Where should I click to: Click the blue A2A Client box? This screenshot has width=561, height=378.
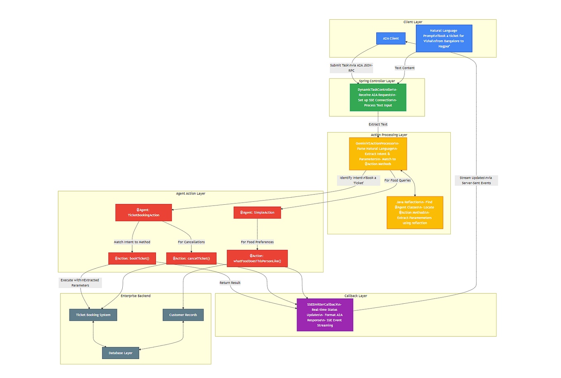[x=390, y=38]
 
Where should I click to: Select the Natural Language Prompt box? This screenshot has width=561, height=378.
[x=444, y=38]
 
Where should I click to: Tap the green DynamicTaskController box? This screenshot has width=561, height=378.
[x=378, y=97]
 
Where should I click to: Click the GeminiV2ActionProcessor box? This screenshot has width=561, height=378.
[x=378, y=154]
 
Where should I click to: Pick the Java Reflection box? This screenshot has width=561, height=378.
[x=415, y=213]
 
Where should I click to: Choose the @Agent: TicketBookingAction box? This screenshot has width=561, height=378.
[x=143, y=213]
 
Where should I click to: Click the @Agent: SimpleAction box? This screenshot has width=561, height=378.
[x=257, y=213]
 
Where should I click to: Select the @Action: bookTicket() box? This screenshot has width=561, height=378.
[x=132, y=258]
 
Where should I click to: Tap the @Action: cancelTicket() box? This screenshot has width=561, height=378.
[x=191, y=258]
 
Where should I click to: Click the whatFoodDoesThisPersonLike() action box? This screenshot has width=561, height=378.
[x=257, y=258]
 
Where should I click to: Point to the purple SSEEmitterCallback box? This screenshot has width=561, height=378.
[x=325, y=315]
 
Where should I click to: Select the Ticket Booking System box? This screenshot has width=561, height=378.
[x=93, y=315]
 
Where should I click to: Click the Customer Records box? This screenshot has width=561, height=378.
[x=183, y=315]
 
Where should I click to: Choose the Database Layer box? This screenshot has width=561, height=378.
[x=120, y=353]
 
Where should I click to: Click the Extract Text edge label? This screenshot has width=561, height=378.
[x=378, y=124]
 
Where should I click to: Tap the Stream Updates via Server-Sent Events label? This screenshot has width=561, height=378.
[x=476, y=180]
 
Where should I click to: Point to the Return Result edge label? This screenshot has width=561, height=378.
[x=230, y=283]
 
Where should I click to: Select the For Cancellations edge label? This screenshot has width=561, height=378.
[x=191, y=242]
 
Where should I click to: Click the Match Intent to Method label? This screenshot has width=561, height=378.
[x=132, y=242]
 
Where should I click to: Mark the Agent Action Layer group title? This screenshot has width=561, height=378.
[x=190, y=194]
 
